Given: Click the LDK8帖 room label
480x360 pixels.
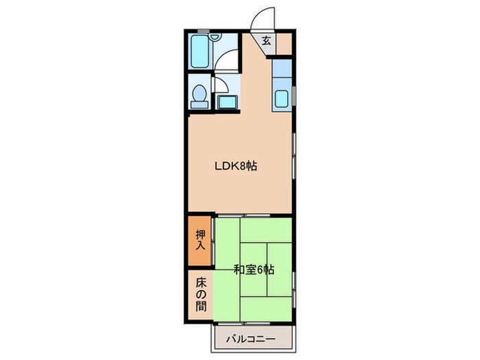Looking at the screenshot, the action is (x=235, y=166).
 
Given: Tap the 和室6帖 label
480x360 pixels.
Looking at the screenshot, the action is (x=254, y=269).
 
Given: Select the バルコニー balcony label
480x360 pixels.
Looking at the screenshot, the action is (x=251, y=339).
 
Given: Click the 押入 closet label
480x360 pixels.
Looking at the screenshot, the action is (x=200, y=240).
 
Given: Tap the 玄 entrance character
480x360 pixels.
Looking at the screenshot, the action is (x=267, y=40).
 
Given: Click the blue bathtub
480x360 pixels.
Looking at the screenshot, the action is (x=200, y=51).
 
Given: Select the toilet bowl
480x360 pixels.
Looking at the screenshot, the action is (x=200, y=93).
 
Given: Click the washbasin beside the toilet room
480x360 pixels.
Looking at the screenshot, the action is (x=228, y=102).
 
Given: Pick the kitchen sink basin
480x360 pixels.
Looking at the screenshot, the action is (x=281, y=98).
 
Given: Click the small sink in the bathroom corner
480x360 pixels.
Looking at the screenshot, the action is (x=215, y=37).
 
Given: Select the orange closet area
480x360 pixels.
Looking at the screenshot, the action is (x=200, y=241).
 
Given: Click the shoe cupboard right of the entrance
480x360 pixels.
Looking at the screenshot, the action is (x=284, y=44).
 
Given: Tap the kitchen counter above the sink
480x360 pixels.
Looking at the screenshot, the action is (x=282, y=69).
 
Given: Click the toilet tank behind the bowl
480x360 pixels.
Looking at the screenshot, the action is (x=200, y=105).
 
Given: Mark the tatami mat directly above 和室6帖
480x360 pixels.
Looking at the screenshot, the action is (x=266, y=230).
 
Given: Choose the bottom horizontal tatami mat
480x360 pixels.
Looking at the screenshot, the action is (x=266, y=309).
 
